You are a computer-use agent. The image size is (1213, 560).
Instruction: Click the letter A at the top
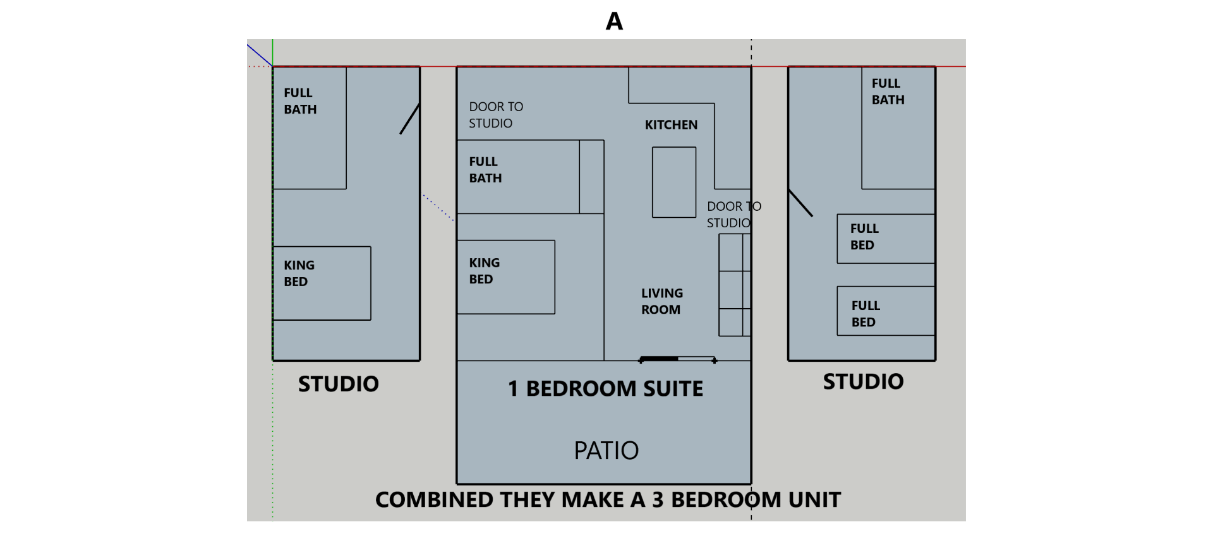(x=614, y=21)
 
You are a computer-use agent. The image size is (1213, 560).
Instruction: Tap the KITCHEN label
(x=671, y=125)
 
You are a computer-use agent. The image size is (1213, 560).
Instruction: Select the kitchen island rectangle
(x=674, y=182)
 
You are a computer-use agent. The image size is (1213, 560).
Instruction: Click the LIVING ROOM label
(x=661, y=301)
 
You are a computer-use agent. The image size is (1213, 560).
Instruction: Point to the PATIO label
(x=606, y=451)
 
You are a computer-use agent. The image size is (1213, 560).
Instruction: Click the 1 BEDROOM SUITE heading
(x=605, y=389)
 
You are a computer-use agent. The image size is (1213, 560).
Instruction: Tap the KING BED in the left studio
(x=322, y=283)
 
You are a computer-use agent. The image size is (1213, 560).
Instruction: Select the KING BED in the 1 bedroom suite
(x=505, y=277)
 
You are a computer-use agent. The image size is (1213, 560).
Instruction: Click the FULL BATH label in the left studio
(x=300, y=101)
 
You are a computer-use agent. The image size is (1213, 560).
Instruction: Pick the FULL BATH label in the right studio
(x=888, y=92)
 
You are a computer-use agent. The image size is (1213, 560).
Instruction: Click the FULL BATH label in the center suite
(x=485, y=170)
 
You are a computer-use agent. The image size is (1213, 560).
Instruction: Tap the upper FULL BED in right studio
(x=885, y=238)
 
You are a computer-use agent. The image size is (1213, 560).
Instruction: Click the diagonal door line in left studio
(x=409, y=119)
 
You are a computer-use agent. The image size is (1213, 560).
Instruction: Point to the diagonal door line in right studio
(x=800, y=203)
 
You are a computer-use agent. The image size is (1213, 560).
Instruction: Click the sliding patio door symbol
(x=677, y=359)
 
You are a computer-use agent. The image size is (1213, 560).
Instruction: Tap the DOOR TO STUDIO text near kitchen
(x=733, y=215)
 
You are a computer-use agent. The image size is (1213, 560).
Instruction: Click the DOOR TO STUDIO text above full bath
(x=495, y=115)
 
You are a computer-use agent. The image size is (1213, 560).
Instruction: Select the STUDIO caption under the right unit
(x=863, y=382)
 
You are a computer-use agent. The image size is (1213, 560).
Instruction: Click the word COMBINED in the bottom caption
(x=433, y=500)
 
